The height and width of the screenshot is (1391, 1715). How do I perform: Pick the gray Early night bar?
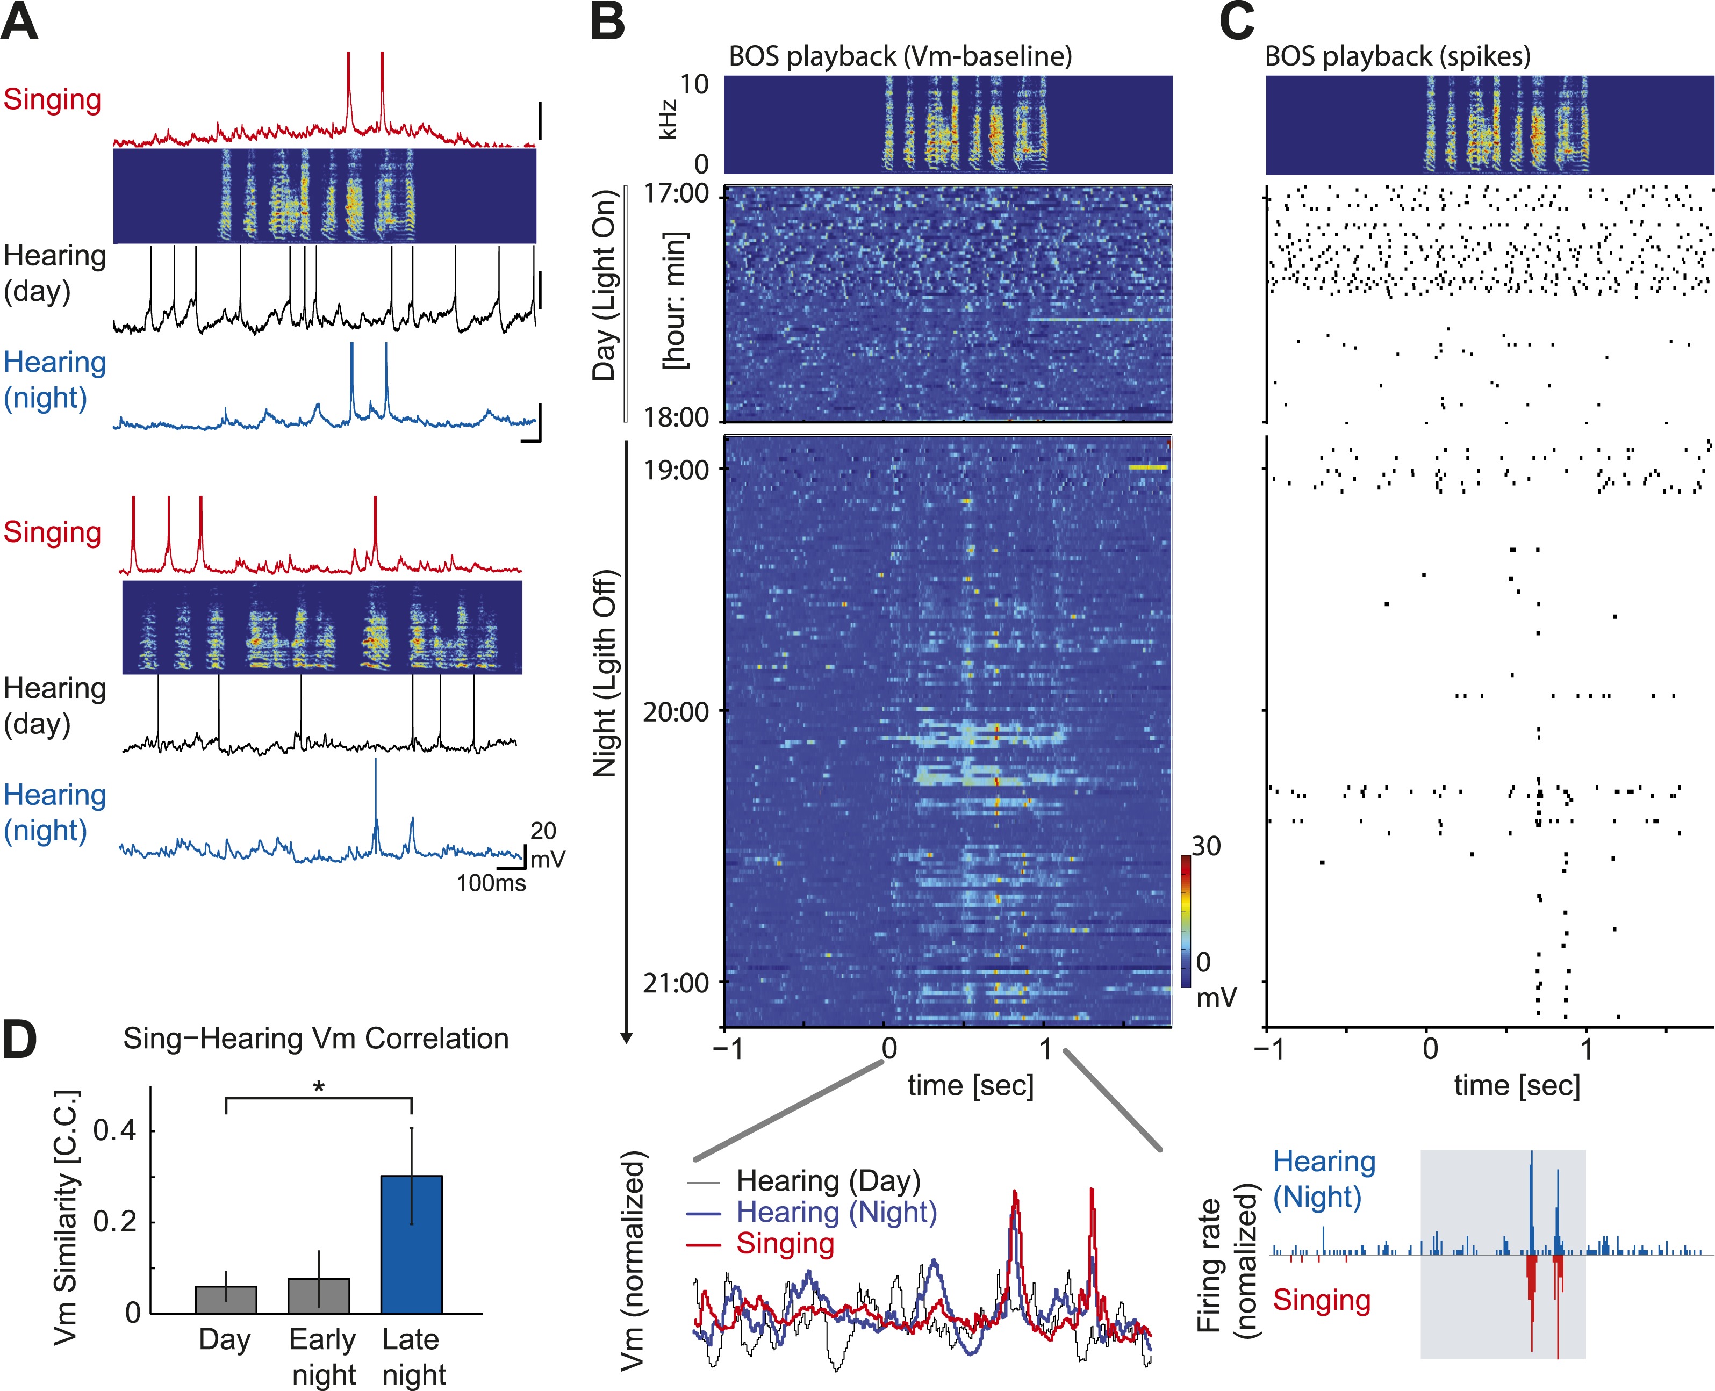click(x=318, y=1296)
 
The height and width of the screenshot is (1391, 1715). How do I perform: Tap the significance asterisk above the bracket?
click(x=319, y=1087)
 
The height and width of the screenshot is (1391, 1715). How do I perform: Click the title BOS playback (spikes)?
click(x=1397, y=56)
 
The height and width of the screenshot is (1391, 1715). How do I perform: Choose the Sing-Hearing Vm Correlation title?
click(x=316, y=1039)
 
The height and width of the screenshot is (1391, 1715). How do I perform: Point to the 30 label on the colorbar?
click(x=1205, y=846)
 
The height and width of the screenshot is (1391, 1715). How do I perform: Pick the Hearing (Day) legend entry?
click(x=828, y=1180)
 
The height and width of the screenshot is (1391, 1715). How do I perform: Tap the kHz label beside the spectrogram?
click(x=667, y=120)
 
